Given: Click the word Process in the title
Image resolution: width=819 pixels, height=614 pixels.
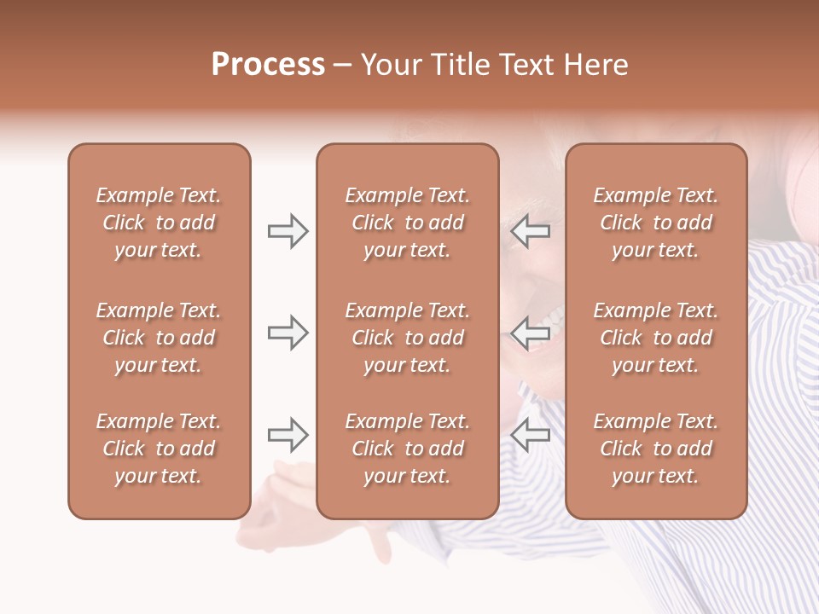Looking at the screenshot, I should [x=268, y=65].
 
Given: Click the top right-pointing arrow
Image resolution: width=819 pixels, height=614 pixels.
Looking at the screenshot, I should [x=288, y=231].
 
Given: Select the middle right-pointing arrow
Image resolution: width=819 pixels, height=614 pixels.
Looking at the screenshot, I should [x=288, y=333].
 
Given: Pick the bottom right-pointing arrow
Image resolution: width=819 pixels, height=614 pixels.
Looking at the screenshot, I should [x=288, y=435].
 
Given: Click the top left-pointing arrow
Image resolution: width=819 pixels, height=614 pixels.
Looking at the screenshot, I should [x=530, y=231].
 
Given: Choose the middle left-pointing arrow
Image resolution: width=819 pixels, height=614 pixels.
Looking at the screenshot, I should [x=530, y=333].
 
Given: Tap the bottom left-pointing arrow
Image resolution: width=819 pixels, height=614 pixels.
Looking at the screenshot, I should [x=530, y=435].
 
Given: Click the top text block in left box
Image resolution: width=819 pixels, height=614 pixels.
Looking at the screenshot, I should [x=159, y=223].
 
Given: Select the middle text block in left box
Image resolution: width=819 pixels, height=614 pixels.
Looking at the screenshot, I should [x=159, y=338].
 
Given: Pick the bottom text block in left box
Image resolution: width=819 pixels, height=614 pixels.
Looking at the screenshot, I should [x=159, y=449].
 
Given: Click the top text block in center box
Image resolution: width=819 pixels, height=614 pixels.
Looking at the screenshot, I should [x=407, y=223].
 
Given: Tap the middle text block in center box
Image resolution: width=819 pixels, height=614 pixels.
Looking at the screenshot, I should [x=407, y=338].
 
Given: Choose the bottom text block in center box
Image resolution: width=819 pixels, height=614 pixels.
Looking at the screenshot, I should [x=407, y=449].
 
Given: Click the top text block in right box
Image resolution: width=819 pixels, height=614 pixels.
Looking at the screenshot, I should [x=655, y=223].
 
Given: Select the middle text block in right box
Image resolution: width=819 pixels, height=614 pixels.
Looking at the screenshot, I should [x=655, y=338].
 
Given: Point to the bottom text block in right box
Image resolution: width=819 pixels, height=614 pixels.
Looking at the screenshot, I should [x=655, y=449].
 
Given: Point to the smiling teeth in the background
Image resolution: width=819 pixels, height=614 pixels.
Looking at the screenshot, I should [x=546, y=328].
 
